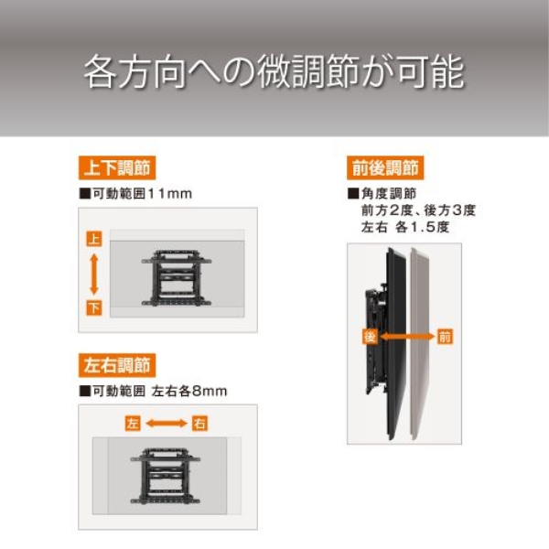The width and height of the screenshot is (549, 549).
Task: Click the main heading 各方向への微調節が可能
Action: tap(274, 71)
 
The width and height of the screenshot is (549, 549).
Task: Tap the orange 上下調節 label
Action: tap(117, 167)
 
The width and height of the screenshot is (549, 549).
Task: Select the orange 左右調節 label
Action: tap(117, 365)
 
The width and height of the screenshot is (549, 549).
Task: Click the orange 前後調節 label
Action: tap(385, 167)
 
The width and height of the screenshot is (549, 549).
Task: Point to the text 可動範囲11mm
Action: tap(142, 194)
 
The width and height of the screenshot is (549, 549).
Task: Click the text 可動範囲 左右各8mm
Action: tap(159, 391)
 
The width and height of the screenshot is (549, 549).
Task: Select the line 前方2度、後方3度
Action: tap(418, 210)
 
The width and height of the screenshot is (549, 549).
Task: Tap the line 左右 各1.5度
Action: tap(405, 227)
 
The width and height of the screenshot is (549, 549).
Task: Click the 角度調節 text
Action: tap(389, 194)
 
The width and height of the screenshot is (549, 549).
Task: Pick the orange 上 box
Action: tap(94, 239)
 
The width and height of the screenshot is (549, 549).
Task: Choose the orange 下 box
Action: tap(94, 307)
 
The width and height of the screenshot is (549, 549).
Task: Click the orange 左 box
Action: tap(133, 424)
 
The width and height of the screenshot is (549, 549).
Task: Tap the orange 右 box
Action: tap(199, 424)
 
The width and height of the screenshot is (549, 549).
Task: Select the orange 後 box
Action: tap(371, 337)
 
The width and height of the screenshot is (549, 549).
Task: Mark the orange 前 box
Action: tap(445, 337)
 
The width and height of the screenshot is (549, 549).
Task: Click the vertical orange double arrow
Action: tap(94, 274)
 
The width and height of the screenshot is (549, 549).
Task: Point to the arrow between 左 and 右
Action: tap(167, 424)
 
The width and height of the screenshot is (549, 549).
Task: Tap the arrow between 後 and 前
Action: tap(407, 337)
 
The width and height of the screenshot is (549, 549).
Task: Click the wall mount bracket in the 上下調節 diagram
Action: tap(177, 278)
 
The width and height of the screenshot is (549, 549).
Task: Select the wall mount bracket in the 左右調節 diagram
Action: tap(166, 476)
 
